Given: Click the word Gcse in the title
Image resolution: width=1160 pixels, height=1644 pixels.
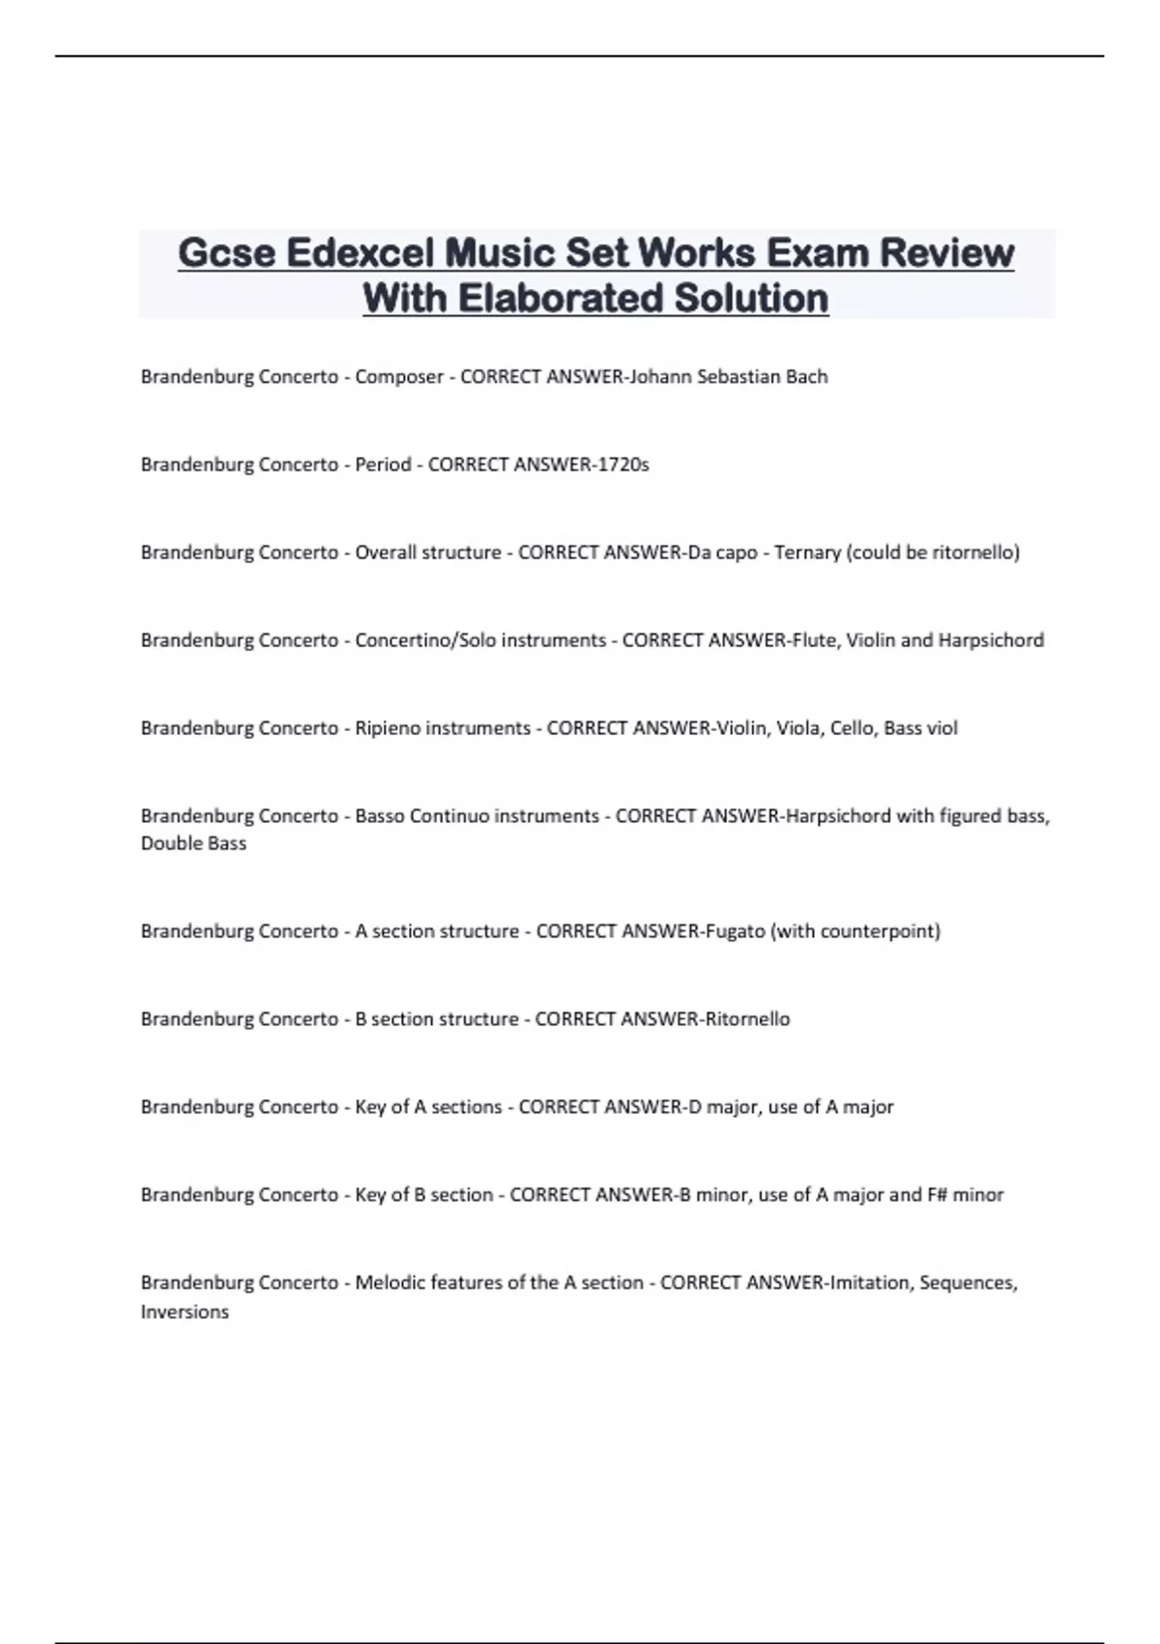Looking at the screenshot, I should click(226, 253).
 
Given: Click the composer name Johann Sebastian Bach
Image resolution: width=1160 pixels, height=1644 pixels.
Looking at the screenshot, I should click(728, 376).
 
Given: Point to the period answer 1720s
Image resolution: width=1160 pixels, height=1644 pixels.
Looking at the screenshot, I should click(624, 464).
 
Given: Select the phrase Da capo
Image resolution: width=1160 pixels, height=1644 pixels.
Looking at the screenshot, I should click(721, 552).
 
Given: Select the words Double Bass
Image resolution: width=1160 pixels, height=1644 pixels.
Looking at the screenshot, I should click(193, 843).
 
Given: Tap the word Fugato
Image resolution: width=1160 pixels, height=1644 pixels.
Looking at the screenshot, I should click(734, 931).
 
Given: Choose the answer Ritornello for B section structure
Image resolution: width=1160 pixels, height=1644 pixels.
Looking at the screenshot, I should click(747, 1018).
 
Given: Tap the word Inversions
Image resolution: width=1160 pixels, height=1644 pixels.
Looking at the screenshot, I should click(185, 1312).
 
